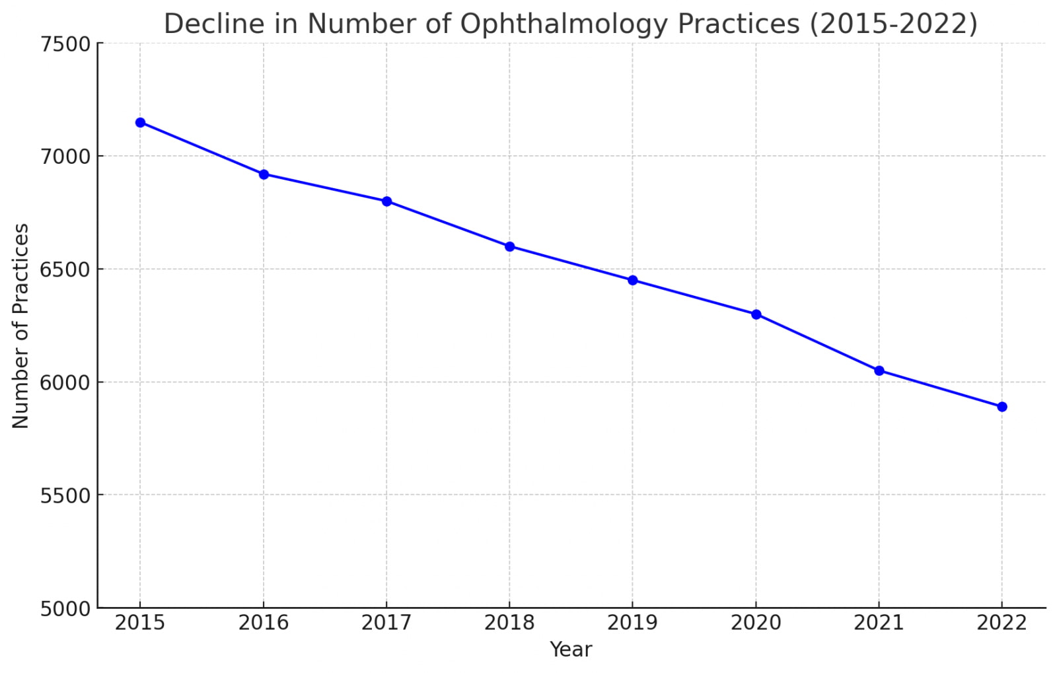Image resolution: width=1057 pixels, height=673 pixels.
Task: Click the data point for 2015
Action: pos(140,122)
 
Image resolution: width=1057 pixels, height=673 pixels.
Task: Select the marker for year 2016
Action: pos(264,174)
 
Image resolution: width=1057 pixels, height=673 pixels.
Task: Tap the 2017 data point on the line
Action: pos(386,201)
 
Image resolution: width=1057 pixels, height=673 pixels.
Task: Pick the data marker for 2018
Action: pos(509,246)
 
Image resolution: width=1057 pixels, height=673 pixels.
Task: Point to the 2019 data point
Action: pos(633,280)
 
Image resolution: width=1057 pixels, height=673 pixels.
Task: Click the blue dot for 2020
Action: pos(756,314)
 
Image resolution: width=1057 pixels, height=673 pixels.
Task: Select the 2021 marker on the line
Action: pos(879,371)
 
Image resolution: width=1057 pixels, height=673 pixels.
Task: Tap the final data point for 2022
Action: pos(1002,407)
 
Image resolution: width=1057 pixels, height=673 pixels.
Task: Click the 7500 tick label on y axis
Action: pos(65,44)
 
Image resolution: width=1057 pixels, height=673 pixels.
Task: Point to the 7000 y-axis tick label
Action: pos(65,157)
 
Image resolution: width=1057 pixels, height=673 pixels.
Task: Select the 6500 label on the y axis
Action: pos(65,270)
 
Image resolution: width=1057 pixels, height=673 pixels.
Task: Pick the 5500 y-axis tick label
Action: pos(65,496)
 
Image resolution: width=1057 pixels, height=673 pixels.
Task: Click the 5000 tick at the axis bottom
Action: pos(65,609)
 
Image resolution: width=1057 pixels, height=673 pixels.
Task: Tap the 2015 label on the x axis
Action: pos(140,623)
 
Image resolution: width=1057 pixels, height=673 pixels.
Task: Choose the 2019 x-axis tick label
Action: pos(633,623)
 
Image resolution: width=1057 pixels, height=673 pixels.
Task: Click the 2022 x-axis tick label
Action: pos(1002,623)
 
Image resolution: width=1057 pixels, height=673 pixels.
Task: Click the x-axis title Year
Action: pos(571,650)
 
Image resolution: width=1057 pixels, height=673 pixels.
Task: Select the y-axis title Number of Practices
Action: pos(21,326)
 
